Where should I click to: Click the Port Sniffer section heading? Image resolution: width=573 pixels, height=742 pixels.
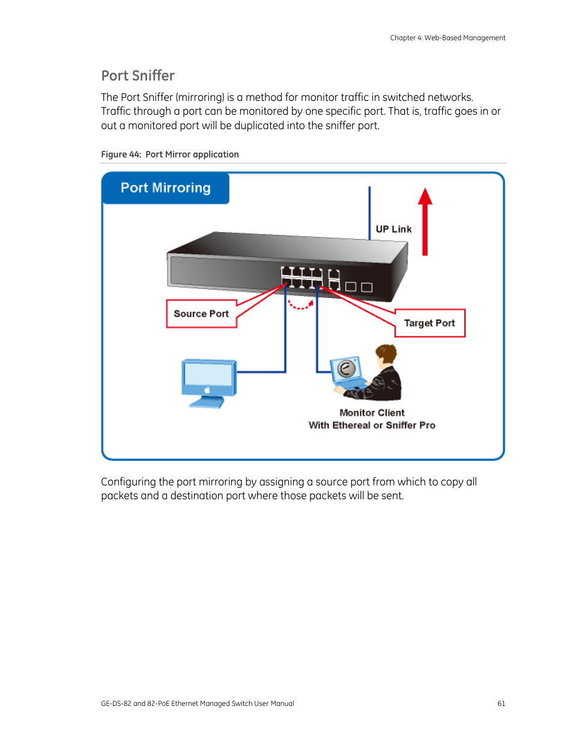click(138, 76)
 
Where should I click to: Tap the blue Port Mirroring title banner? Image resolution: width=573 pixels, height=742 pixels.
click(165, 188)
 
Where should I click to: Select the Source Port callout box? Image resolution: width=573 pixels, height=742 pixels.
click(201, 314)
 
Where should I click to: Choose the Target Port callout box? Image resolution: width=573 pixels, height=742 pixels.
click(429, 323)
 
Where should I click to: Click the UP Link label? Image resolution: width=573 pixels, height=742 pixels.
click(393, 229)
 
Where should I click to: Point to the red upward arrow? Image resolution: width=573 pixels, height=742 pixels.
click(425, 222)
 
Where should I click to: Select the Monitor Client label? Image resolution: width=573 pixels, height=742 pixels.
click(372, 413)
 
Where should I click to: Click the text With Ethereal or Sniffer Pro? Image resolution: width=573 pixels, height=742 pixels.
click(372, 425)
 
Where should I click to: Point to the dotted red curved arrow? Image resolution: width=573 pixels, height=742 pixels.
click(300, 305)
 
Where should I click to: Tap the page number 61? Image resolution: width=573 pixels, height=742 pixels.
click(501, 704)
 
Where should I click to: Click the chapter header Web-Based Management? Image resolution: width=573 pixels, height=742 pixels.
click(464, 38)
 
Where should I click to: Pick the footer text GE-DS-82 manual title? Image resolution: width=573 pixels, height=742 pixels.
click(197, 704)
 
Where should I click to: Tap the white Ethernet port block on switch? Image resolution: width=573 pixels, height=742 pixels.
click(302, 278)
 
